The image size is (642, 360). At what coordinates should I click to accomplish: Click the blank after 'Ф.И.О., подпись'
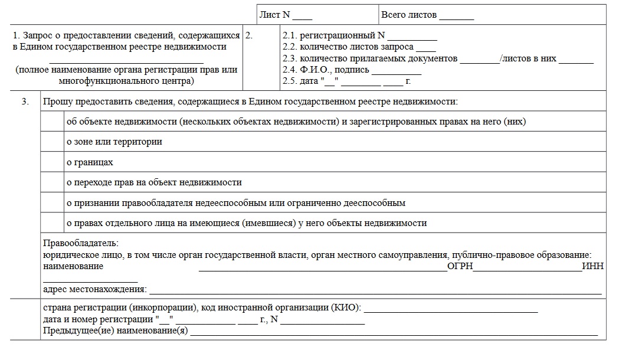coord(396,70)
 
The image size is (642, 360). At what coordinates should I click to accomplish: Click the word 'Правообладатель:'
coord(81,243)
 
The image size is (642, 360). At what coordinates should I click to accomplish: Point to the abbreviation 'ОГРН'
coord(460,267)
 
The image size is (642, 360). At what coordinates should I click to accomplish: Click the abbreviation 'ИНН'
coord(592,267)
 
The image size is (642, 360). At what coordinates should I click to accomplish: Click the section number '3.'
coord(25,102)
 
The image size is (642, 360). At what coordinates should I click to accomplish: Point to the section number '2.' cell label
coord(249,35)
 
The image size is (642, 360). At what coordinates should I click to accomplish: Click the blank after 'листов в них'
coord(576,60)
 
